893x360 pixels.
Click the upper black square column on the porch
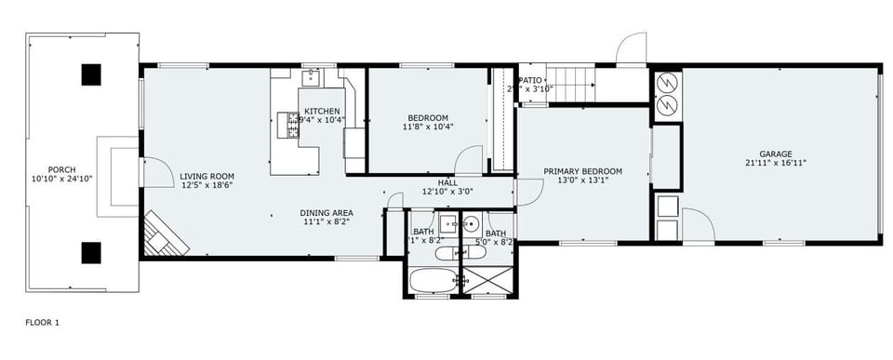point(90,74)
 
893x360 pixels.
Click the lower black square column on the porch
point(90,252)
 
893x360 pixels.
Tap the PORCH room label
point(62,170)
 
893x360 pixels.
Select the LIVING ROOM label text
point(207,176)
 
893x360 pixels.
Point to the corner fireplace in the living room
point(165,234)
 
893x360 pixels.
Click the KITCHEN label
point(322,112)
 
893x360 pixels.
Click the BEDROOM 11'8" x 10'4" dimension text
point(427,127)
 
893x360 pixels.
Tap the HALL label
point(447,182)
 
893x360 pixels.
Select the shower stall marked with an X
point(487,281)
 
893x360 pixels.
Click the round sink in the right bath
point(472,223)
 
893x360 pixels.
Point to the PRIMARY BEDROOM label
point(582,171)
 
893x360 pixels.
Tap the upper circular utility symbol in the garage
point(668,83)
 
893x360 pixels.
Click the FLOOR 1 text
point(41,322)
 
